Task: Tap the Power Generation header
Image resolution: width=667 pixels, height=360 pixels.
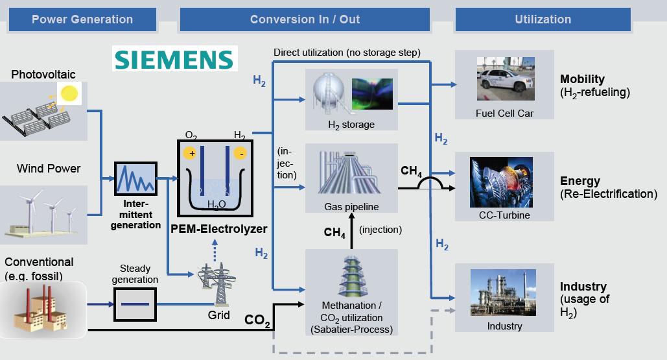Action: (82, 19)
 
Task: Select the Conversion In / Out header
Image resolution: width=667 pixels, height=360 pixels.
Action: (305, 19)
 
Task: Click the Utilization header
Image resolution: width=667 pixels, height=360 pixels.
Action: (543, 19)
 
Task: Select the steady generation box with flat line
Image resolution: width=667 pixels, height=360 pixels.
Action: (135, 304)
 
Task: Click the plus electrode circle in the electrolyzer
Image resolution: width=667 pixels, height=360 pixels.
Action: (190, 153)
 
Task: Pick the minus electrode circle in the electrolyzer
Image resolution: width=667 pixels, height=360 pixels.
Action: (240, 153)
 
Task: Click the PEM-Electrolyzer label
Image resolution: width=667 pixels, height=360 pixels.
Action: (219, 229)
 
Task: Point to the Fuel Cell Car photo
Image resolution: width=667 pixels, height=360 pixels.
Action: (504, 80)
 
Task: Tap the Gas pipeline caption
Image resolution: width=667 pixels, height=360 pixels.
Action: (351, 207)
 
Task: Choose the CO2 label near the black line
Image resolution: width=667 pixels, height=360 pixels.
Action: (257, 320)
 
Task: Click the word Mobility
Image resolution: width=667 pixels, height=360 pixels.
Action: (582, 79)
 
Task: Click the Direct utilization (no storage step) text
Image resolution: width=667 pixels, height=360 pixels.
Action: (347, 52)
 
